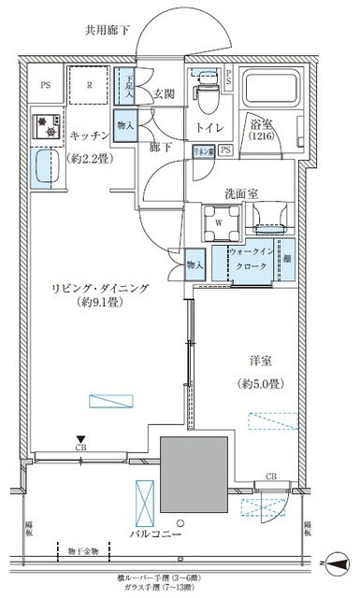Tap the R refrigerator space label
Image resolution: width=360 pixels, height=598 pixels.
pos(89,82)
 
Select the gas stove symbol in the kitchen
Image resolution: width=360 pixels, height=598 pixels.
pos(41,124)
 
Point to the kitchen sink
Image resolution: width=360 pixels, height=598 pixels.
pos(41,171)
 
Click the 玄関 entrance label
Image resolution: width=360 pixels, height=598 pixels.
pos(165,93)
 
